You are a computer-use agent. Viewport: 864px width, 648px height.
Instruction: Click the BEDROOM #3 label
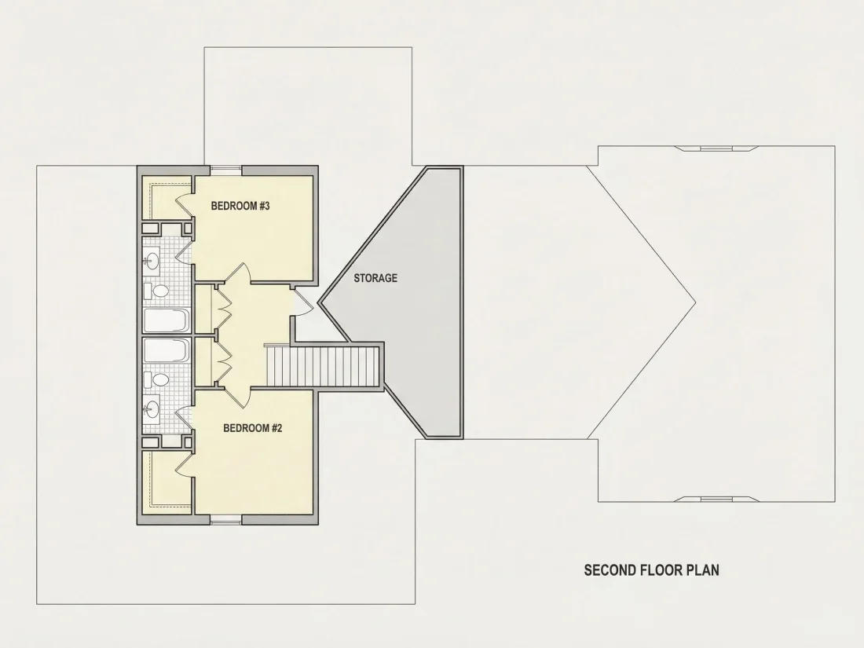(x=240, y=206)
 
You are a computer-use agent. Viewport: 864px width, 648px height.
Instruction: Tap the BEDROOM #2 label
(x=252, y=428)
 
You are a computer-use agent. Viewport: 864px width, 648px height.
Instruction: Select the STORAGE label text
(x=375, y=278)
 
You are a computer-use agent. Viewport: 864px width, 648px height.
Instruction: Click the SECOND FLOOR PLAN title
(x=651, y=569)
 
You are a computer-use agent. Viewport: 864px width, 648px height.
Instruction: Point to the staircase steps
(x=323, y=366)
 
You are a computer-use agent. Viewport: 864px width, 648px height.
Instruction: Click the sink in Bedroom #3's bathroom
(x=152, y=261)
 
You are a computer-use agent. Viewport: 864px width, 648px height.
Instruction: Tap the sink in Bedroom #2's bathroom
(x=152, y=408)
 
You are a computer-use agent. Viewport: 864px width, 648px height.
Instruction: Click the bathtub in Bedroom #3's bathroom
(x=167, y=320)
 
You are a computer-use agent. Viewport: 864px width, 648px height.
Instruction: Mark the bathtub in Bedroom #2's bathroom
(x=167, y=350)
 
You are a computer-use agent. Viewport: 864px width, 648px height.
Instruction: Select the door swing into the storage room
(x=303, y=301)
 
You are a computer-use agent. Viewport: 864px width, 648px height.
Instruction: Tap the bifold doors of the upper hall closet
(x=223, y=309)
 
